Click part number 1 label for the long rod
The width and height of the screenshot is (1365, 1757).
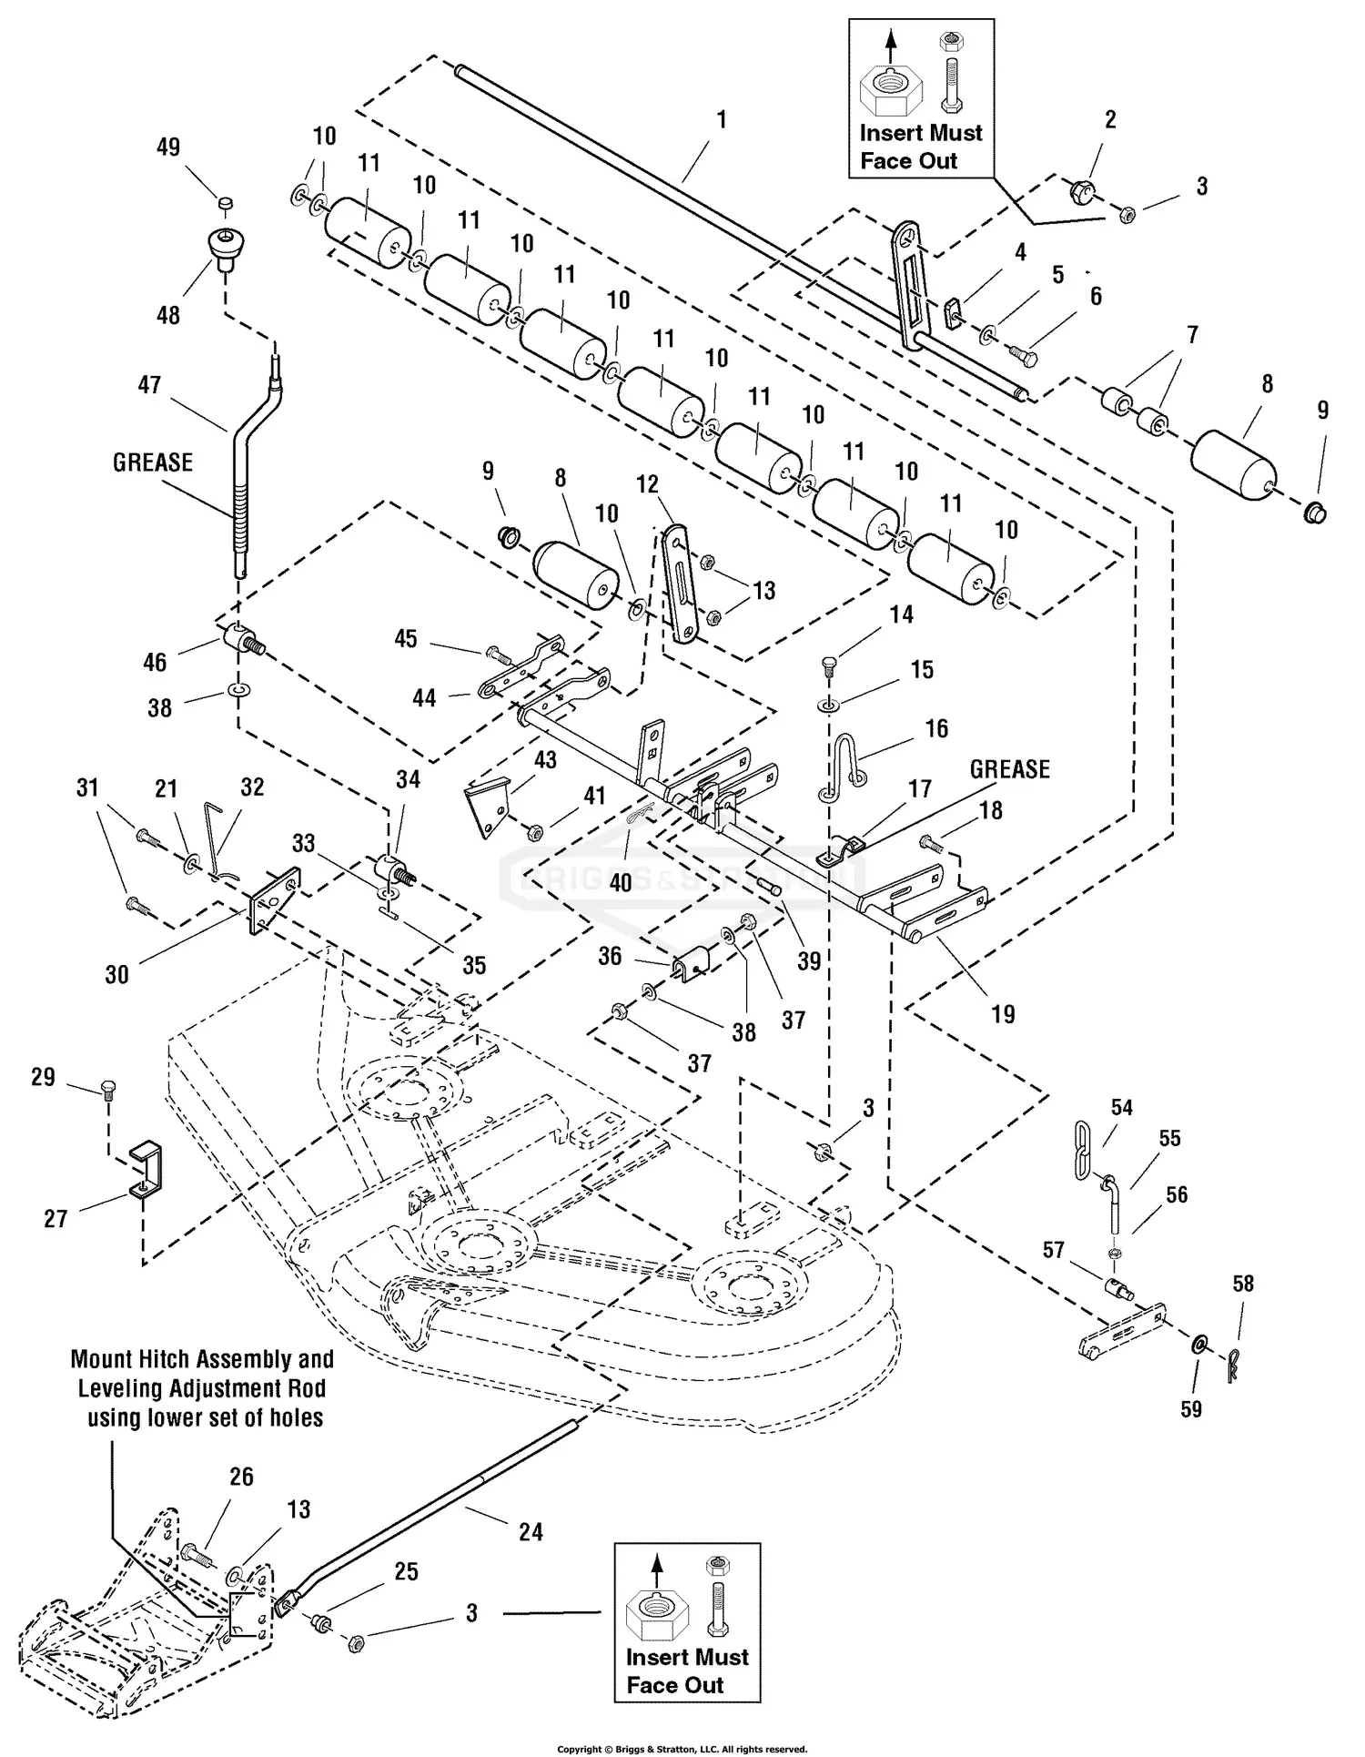722,119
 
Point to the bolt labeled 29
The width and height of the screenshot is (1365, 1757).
108,1092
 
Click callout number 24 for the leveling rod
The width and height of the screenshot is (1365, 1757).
531,1532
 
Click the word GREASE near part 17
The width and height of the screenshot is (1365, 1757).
1009,769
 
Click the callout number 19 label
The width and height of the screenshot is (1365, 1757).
1002,1014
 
